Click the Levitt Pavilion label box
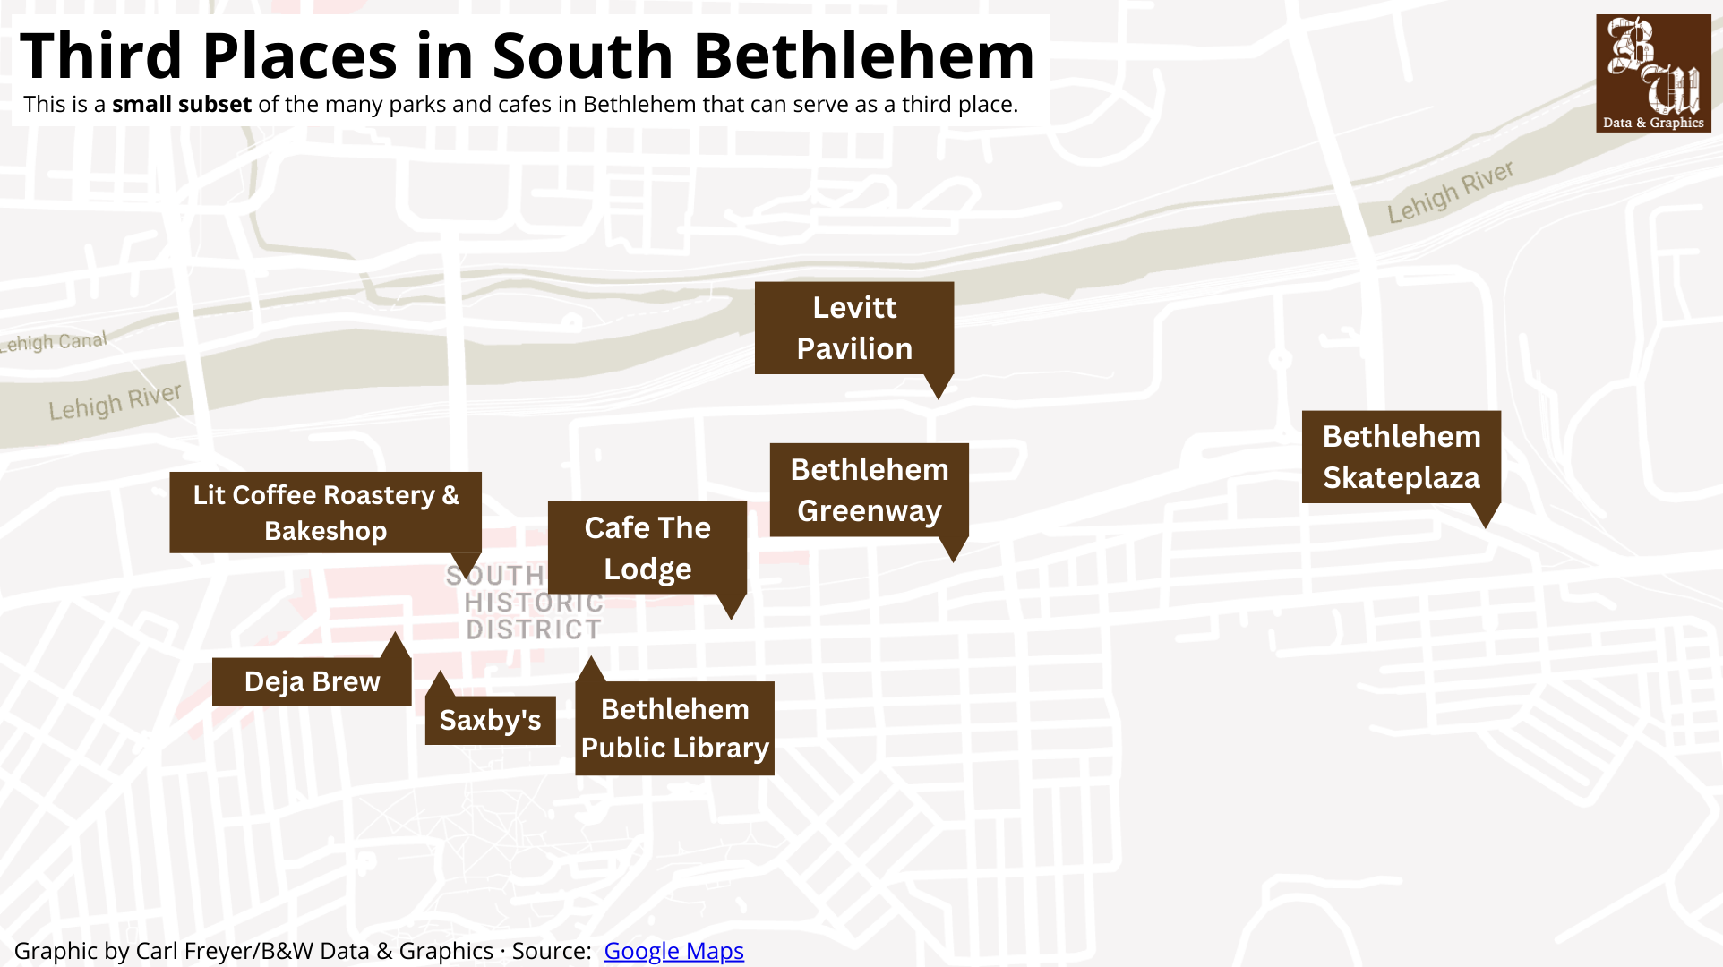click(x=853, y=328)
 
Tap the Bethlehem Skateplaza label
click(x=1401, y=457)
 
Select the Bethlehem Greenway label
click(x=869, y=490)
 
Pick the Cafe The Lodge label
click(x=647, y=548)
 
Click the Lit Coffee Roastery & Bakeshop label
click(x=325, y=512)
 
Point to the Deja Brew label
click(x=312, y=681)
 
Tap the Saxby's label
click(x=490, y=720)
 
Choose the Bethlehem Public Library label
click(x=674, y=728)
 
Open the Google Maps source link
click(x=673, y=951)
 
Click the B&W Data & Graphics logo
click(x=1652, y=73)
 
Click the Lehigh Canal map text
click(x=54, y=342)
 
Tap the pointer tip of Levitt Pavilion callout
click(x=939, y=398)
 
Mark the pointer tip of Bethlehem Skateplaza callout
click(x=1486, y=526)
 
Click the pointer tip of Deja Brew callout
click(x=395, y=634)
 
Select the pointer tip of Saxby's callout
click(x=439, y=673)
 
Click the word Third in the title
click(x=101, y=56)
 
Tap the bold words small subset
click(x=181, y=105)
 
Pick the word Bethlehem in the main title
click(x=864, y=56)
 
